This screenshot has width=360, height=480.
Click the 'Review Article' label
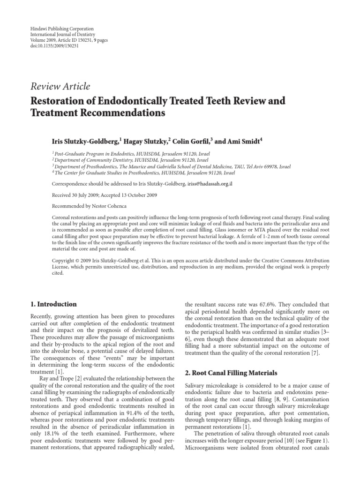pyautogui.click(x=60, y=86)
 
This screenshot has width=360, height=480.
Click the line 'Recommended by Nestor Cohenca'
pyautogui.click(x=82, y=206)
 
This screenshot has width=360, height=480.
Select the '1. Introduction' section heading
pyautogui.click(x=52, y=304)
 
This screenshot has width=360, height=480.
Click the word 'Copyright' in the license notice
pyautogui.click(x=43, y=260)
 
